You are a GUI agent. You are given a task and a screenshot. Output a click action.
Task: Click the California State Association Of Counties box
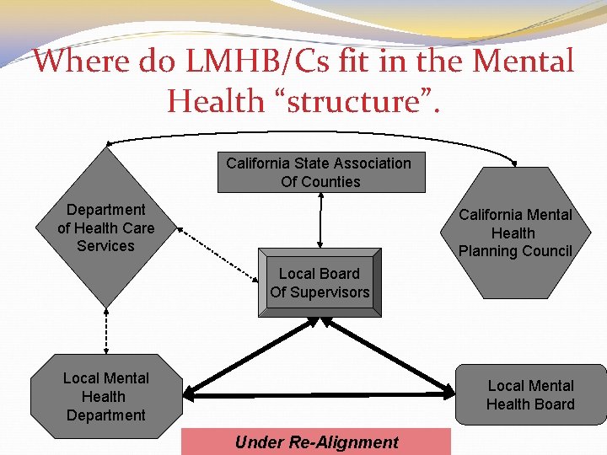[x=319, y=173]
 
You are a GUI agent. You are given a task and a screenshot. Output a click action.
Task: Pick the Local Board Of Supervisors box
[x=320, y=283]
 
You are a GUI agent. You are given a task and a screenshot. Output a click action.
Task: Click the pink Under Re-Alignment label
[x=316, y=442]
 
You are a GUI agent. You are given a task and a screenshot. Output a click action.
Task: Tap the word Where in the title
[x=80, y=61]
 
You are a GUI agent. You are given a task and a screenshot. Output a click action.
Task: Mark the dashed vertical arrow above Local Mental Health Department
[x=106, y=331]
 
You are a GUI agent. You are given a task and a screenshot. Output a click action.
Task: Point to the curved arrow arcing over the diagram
[x=312, y=132]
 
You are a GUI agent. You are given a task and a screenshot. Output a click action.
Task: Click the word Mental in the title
[x=524, y=61]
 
